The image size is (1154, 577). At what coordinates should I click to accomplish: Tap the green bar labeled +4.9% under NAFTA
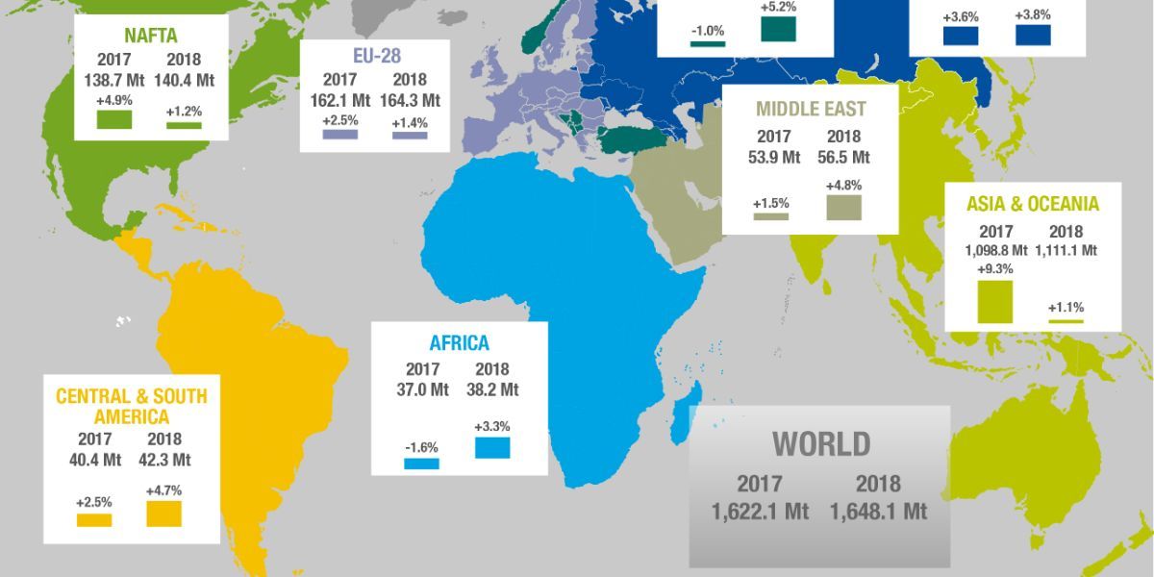113,119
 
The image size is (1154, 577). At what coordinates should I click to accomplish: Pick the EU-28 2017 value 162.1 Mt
339,100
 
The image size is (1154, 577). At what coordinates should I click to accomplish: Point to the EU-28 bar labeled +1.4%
410,136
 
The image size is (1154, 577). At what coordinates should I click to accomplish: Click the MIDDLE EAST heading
810,108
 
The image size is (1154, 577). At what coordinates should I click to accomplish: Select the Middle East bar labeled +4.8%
843,207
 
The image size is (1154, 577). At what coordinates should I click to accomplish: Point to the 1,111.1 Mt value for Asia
1066,250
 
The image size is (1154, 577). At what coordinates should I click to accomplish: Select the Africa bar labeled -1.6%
421,464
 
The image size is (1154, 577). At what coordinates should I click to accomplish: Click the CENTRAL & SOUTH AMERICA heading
131,406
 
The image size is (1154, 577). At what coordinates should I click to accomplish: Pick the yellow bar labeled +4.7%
164,513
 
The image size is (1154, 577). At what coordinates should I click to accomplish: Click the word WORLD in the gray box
821,444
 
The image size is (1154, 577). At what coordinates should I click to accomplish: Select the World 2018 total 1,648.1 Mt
879,512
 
